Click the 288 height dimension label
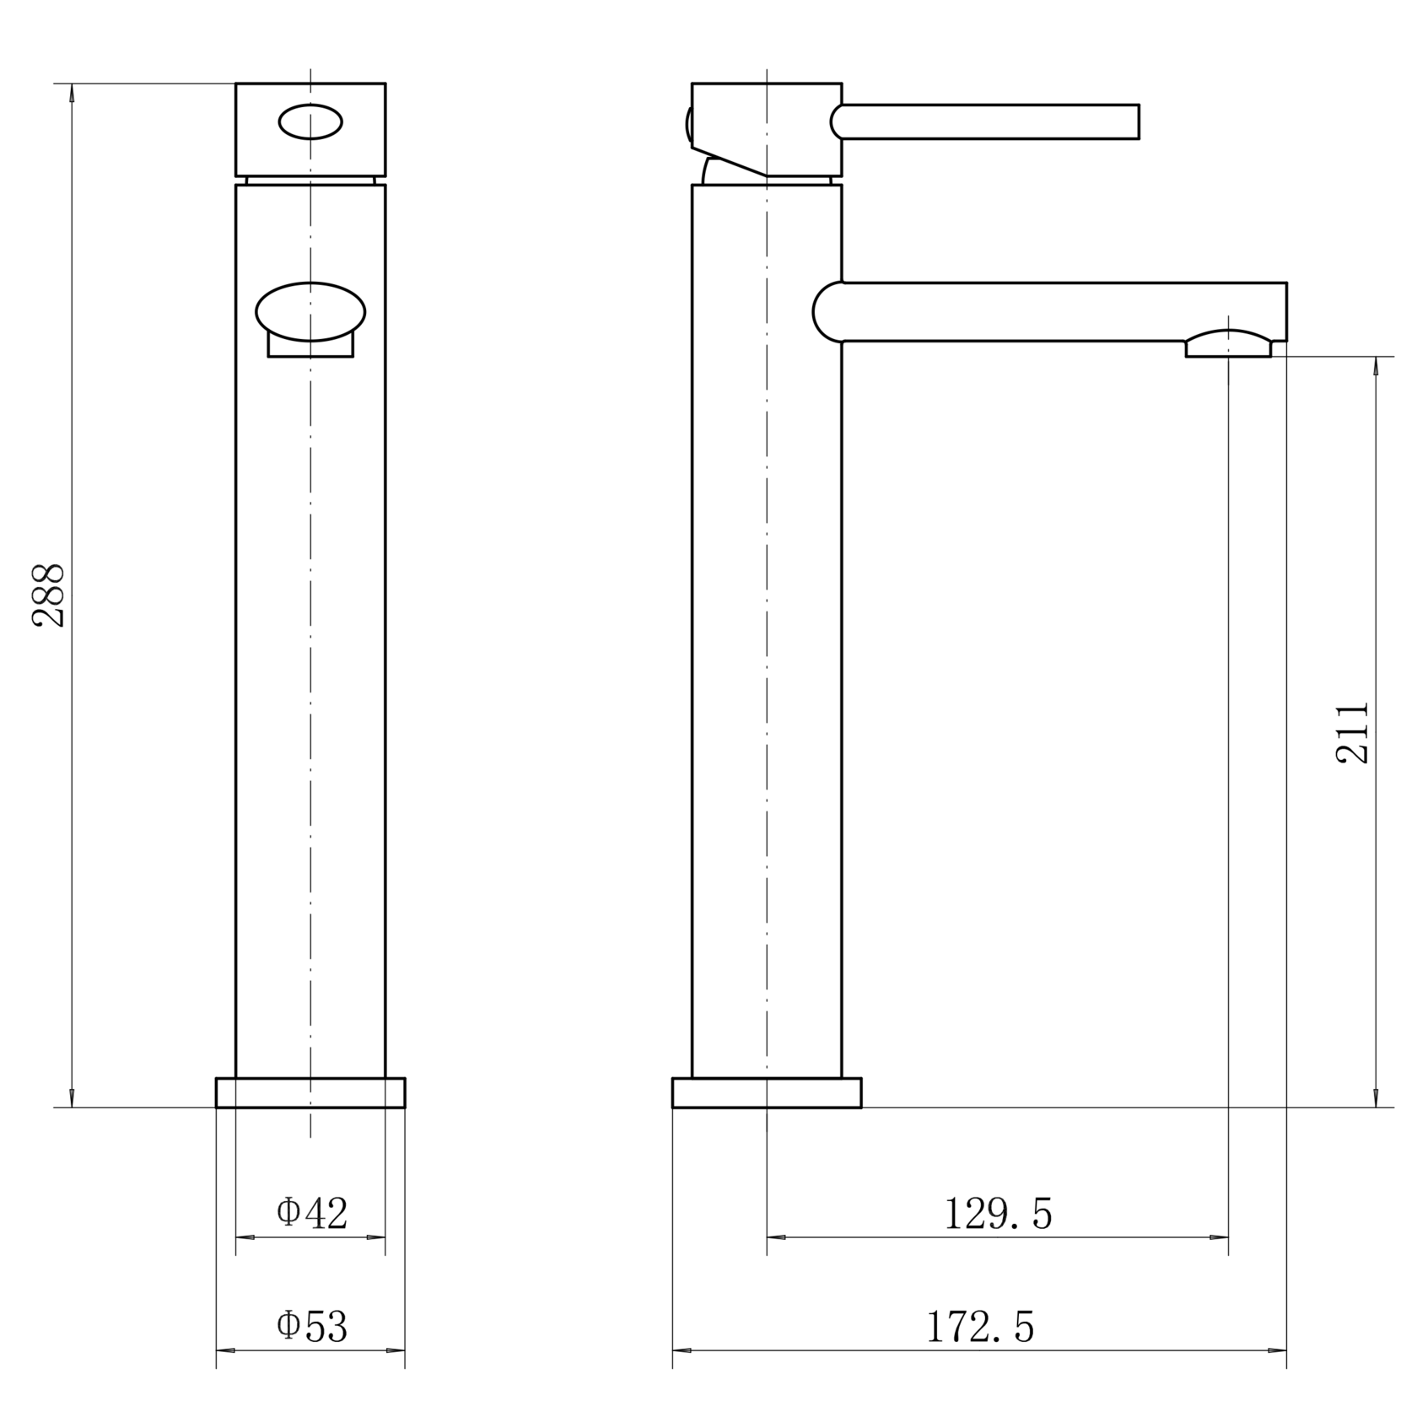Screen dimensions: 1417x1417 [x=49, y=595]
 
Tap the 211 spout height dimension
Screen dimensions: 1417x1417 [x=1352, y=732]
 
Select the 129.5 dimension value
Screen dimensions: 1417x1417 [x=998, y=1215]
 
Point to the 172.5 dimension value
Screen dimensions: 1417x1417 [x=979, y=1327]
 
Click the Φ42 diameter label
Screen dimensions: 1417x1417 [x=312, y=1214]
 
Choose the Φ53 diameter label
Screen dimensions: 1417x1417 [x=312, y=1326]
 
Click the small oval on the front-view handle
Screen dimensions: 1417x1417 [x=310, y=122]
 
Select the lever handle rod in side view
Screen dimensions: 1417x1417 [x=985, y=121]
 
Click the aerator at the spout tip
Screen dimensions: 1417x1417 [x=1228, y=344]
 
